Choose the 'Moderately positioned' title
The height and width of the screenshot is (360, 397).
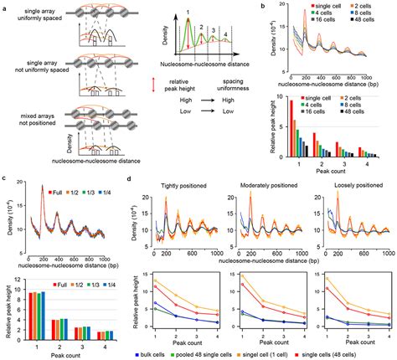(x=261, y=179)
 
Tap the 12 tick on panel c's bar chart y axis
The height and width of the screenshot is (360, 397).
(x=23, y=280)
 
